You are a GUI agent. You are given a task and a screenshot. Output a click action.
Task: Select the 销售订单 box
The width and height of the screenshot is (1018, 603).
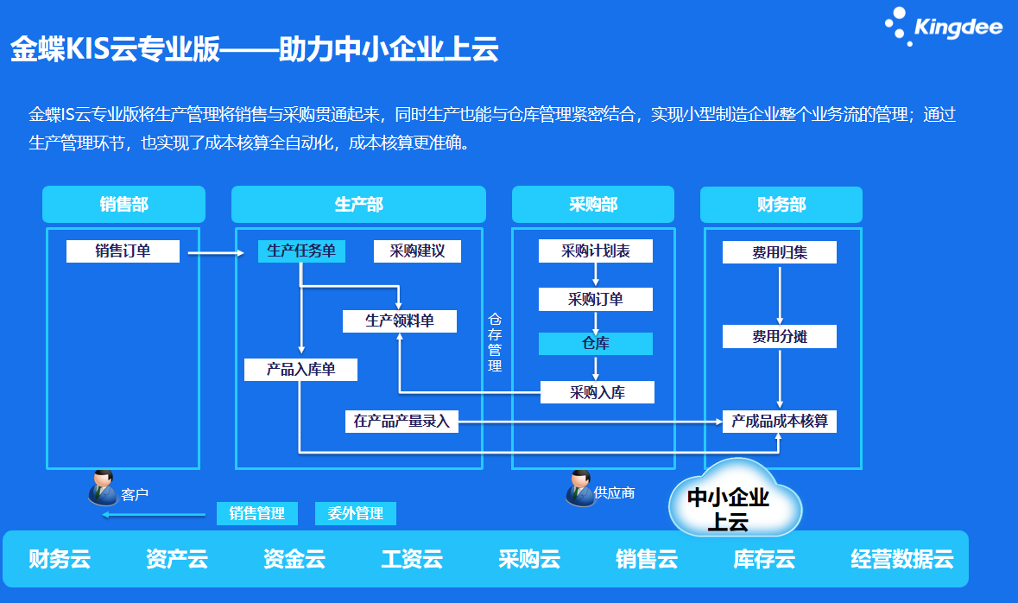point(123,251)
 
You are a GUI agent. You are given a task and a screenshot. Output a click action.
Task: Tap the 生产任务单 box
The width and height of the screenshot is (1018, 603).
point(301,251)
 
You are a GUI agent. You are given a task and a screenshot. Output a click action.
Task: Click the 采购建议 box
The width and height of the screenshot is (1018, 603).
point(417,251)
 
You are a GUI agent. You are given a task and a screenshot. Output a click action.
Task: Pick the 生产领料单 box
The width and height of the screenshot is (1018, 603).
point(400,321)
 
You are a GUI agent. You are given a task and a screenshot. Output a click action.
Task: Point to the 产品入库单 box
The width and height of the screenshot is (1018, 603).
point(300,370)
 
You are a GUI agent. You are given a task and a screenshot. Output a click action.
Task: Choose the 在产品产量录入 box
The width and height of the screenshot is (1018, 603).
point(402,422)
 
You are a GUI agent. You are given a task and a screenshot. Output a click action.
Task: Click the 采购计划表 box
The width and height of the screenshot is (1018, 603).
point(596,251)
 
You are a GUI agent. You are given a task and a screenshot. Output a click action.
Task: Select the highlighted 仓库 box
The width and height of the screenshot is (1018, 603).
point(596,344)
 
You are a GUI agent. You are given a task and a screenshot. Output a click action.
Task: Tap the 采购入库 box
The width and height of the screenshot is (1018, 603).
point(598,393)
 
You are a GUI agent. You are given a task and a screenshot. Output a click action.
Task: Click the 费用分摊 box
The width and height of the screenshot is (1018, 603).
point(780,336)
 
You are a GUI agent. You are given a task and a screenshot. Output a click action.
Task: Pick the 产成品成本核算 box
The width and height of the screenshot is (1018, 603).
point(780,422)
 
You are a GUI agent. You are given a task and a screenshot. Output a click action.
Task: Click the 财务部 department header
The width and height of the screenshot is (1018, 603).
point(781,205)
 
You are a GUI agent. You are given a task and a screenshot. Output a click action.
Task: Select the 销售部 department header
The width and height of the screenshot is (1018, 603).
point(123,205)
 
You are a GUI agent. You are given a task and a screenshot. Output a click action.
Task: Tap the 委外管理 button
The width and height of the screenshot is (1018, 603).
point(356,513)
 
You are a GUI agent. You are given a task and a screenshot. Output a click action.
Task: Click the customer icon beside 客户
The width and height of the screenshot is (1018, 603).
point(103,488)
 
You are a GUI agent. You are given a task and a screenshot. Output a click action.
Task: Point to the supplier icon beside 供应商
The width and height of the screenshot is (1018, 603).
point(579,488)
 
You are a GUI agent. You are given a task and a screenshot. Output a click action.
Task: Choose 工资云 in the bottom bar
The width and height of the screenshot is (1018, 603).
point(412,559)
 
